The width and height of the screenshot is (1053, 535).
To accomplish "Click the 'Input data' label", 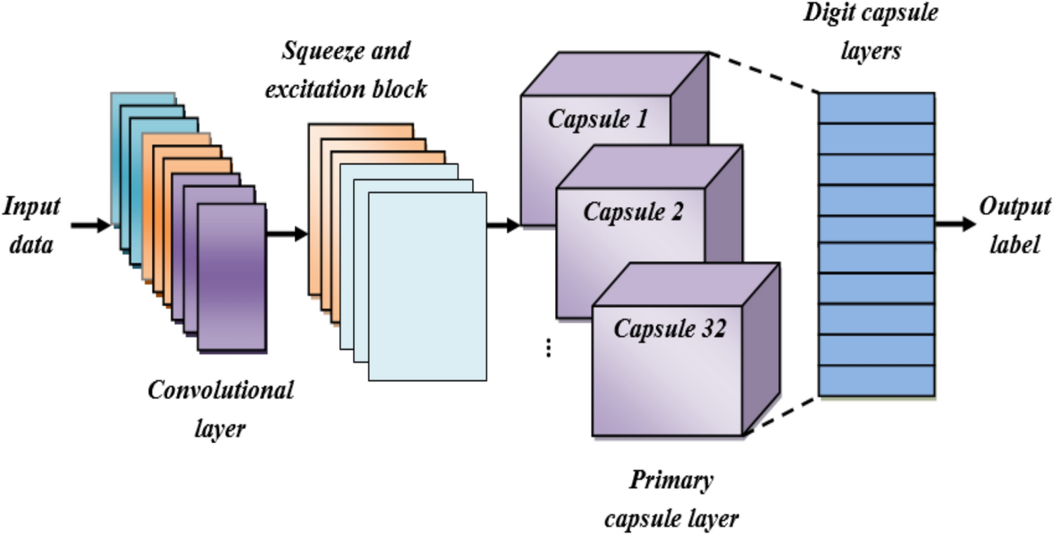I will click(32, 225).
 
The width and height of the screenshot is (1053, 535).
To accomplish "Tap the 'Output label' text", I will click(1014, 225).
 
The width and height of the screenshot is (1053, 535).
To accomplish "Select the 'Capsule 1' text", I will click(597, 120).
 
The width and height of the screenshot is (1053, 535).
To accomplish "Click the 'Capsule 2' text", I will click(633, 211).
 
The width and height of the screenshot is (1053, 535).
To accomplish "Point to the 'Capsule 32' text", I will click(669, 329).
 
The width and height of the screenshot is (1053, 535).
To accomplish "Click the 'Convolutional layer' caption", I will click(220, 408).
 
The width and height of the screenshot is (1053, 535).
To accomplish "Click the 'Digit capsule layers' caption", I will click(870, 32).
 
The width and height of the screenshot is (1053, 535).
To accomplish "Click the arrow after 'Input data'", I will click(91, 225).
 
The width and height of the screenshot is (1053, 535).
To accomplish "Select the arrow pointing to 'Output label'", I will click(956, 225).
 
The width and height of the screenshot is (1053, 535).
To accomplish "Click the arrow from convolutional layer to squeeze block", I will click(287, 234).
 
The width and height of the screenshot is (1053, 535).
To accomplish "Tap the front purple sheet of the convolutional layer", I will click(232, 277).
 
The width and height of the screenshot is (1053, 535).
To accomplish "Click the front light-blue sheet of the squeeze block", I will click(427, 286).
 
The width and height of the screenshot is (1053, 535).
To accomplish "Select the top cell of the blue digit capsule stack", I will click(877, 108).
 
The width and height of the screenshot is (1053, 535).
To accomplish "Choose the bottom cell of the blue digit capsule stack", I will click(877, 381).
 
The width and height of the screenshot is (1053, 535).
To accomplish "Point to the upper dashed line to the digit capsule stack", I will click(764, 72).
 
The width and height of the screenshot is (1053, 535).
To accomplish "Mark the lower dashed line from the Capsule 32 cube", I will click(781, 415).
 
